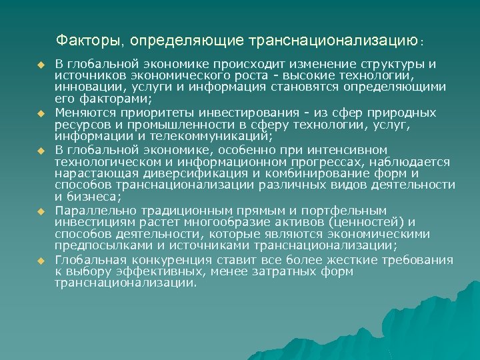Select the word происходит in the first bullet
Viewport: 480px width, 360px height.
tap(246, 64)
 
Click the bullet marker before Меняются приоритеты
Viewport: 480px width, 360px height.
tap(40, 113)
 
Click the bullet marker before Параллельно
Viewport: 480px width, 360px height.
tap(40, 211)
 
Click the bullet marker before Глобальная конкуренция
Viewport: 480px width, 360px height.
tap(40, 259)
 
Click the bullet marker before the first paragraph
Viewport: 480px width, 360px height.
tap(40, 64)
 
